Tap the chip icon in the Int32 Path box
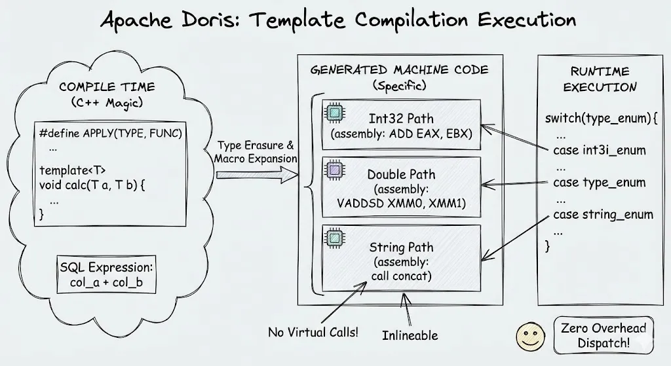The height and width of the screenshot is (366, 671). coord(335,113)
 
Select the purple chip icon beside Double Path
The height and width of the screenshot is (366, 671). coord(335,170)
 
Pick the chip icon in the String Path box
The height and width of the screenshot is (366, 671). coord(335,238)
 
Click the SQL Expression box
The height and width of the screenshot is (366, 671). coord(107,274)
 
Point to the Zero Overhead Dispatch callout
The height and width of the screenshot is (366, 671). coord(604,335)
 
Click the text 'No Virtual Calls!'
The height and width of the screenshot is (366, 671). coord(313,332)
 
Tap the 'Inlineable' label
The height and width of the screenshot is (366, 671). coord(410,335)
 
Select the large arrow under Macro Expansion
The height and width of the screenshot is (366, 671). coord(257,174)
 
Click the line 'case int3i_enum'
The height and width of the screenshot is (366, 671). coord(599,150)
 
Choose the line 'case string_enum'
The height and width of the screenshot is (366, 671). coord(603,214)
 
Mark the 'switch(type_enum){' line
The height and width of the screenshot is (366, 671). coord(601,118)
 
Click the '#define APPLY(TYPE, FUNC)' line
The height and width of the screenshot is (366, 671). coord(110,134)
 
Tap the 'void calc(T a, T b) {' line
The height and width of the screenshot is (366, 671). coord(92,185)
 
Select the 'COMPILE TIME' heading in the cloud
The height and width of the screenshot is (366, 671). coord(107,87)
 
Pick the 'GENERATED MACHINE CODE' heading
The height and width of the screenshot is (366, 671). coord(400,69)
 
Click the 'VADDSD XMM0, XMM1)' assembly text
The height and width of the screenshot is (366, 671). coord(401,203)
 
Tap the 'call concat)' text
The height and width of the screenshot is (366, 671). coord(401,276)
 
